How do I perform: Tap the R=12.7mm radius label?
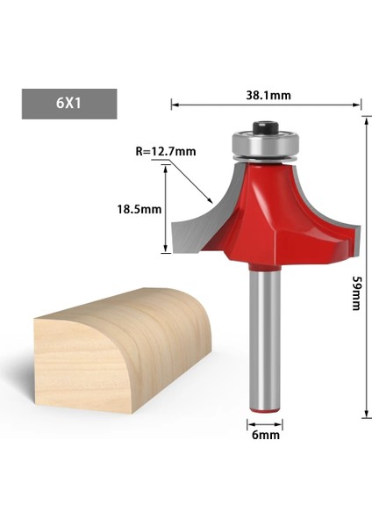(165, 150)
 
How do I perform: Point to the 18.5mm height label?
(140, 209)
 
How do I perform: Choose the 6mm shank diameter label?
(263, 434)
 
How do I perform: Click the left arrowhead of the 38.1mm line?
(174, 105)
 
